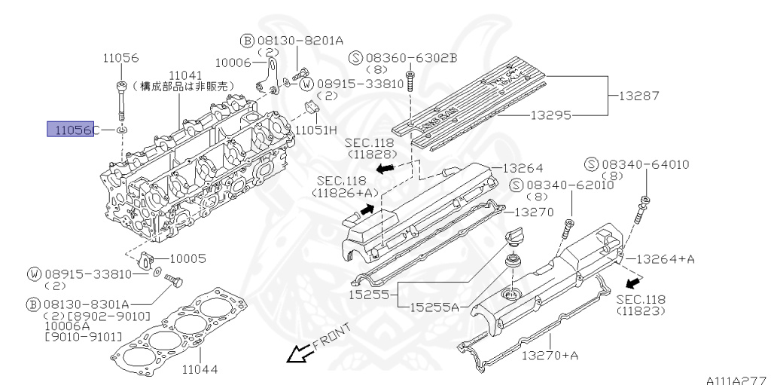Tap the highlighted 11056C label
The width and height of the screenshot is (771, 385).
click(72, 130)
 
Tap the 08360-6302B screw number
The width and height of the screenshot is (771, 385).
click(411, 57)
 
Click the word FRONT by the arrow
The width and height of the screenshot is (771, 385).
click(332, 336)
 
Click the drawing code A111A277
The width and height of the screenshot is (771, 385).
click(738, 380)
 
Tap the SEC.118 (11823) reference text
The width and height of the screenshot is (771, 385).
click(641, 304)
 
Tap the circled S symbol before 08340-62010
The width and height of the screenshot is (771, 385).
click(516, 186)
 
